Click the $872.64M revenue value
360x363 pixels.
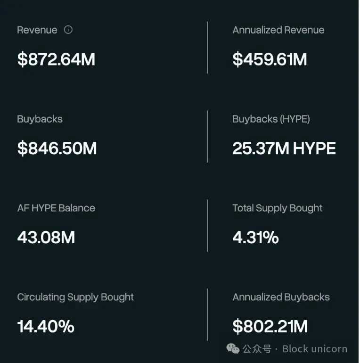[56, 60]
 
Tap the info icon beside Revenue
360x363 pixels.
[68, 30]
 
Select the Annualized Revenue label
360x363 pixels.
[278, 30]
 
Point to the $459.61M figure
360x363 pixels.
[270, 60]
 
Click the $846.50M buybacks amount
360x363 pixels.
[57, 148]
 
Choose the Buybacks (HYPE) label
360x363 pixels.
[271, 119]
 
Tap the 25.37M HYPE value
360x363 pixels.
[284, 148]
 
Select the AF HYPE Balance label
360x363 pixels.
[56, 208]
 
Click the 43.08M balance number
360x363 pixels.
[46, 238]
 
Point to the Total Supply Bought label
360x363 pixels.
[277, 208]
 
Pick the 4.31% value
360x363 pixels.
[255, 238]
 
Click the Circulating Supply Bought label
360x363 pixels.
[75, 297]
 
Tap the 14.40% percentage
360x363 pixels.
[46, 327]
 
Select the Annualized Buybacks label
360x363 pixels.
[281, 297]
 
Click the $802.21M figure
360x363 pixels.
[270, 327]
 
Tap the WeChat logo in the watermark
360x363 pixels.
[233, 349]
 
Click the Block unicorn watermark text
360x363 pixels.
[315, 349]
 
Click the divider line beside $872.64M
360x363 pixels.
[207, 47]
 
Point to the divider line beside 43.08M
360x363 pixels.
[207, 225]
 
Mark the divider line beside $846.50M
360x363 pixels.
[207, 137]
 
